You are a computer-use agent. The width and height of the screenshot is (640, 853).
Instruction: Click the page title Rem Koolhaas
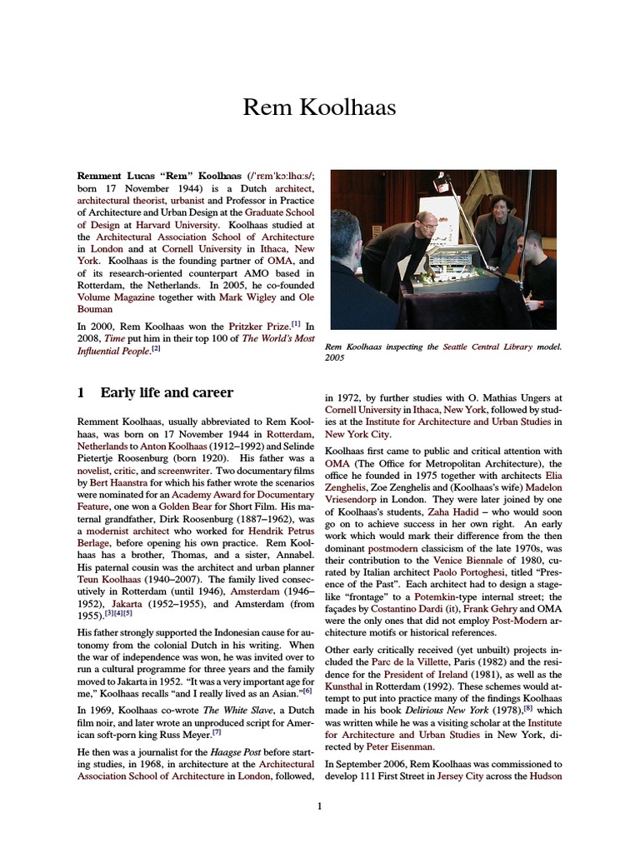[320, 107]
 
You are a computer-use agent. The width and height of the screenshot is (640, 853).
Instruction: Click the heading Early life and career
[167, 392]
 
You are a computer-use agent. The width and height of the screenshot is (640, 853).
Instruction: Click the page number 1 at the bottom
[320, 806]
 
